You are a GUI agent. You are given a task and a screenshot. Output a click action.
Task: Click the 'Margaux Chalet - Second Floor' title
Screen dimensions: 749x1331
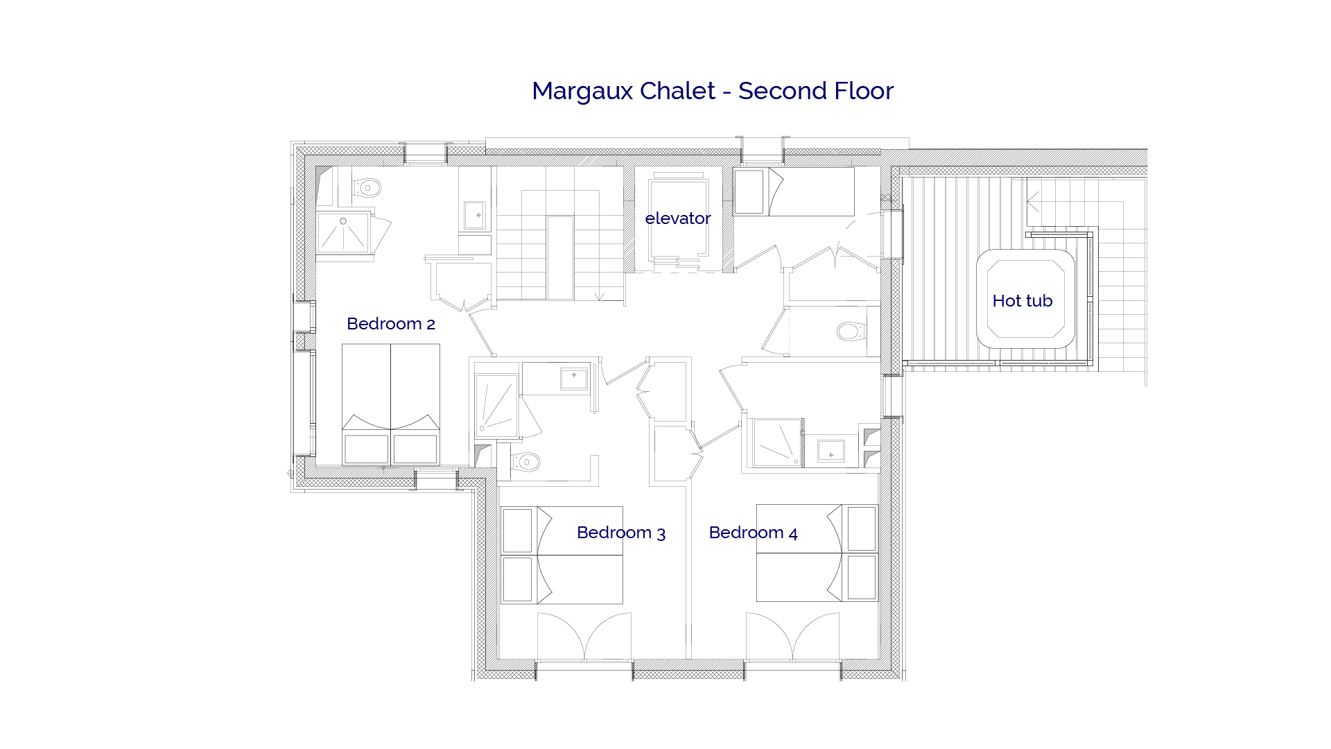pos(712,91)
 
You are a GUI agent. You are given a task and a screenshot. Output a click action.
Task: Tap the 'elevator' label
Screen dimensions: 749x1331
pos(677,218)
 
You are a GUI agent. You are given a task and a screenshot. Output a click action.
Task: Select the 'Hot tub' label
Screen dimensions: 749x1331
pos(1022,301)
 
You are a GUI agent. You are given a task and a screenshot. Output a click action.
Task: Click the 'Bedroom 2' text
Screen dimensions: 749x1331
pos(390,324)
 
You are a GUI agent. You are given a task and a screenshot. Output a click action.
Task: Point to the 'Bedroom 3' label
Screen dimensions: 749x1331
pos(620,533)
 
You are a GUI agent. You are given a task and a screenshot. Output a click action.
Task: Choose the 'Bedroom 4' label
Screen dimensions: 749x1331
pos(753,533)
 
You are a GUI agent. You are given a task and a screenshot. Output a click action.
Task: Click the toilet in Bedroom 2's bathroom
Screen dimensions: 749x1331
pos(367,187)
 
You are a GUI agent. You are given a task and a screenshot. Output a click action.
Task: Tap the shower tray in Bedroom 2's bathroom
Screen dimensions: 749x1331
pos(343,232)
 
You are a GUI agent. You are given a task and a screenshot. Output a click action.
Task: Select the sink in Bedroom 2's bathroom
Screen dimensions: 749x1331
pos(478,216)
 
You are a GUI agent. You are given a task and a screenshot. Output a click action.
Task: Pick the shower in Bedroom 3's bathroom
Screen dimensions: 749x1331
pos(496,406)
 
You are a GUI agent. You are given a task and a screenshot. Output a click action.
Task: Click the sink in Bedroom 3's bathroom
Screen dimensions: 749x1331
pos(573,378)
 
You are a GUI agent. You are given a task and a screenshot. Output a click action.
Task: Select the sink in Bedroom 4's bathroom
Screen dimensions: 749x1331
pos(830,453)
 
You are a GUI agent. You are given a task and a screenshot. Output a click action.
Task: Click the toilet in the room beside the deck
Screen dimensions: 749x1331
pos(851,331)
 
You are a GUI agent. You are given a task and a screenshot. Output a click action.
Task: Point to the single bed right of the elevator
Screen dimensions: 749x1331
pos(794,192)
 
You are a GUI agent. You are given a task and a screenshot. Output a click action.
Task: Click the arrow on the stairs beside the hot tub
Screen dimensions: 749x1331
pos(1033,202)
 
